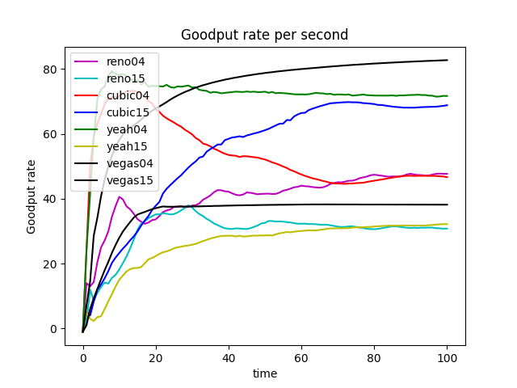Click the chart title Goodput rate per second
pyautogui.click(x=264, y=35)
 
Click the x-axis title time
pyautogui.click(x=264, y=373)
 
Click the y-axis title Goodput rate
pyautogui.click(x=32, y=196)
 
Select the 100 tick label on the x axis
pyautogui.click(x=447, y=357)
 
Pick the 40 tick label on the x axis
pyautogui.click(x=229, y=357)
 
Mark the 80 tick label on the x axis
pyautogui.click(x=374, y=357)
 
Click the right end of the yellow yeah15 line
pyautogui.click(x=447, y=224)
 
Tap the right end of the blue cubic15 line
pyautogui.click(x=447, y=105)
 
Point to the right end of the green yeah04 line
pyautogui.click(x=447, y=96)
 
